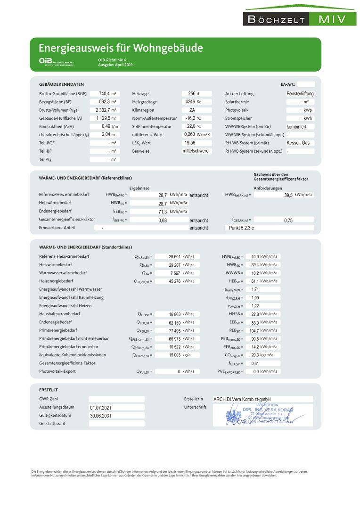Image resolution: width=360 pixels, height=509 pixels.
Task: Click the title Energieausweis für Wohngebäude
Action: coord(121,48)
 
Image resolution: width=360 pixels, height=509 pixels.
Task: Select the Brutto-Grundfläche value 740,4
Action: coord(103,94)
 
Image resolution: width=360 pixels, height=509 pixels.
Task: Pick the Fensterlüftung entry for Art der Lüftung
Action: coord(300,94)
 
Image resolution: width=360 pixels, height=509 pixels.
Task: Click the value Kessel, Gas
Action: coord(298,143)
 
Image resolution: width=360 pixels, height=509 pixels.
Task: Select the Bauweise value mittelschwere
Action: coord(196,151)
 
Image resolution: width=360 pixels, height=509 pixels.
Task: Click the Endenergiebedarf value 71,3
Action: coord(163,212)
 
